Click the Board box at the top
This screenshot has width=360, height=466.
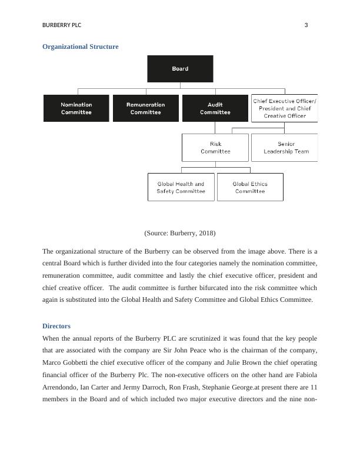pos(180,69)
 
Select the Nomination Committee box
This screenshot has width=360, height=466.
pos(76,108)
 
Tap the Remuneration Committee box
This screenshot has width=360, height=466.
pos(145,108)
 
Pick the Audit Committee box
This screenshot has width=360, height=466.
pos(215,108)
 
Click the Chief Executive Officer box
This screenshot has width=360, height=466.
pos(284,108)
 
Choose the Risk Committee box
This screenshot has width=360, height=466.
pos(215,147)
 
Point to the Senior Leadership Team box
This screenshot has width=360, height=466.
pos(285,147)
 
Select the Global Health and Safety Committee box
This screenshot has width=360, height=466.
pos(181,187)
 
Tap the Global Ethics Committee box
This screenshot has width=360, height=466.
pos(250,187)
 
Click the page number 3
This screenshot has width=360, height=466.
pos(306,25)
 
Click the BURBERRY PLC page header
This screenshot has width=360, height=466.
pos(62,25)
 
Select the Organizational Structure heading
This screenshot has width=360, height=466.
pos(81,46)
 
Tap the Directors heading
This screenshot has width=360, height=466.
pos(56,326)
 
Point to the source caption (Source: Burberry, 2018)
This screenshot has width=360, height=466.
pos(179,233)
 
